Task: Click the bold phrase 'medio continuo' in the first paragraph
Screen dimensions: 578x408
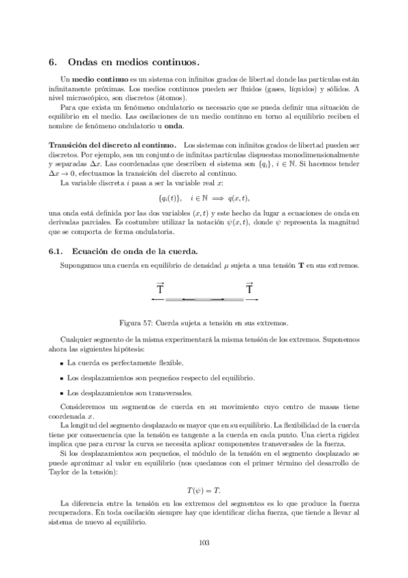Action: click(95, 80)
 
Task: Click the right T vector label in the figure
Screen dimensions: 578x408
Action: click(249, 269)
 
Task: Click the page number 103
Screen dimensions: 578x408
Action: click(204, 543)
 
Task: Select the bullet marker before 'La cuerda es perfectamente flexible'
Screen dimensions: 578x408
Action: click(61, 363)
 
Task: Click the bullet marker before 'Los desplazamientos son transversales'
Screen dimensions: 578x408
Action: click(61, 393)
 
